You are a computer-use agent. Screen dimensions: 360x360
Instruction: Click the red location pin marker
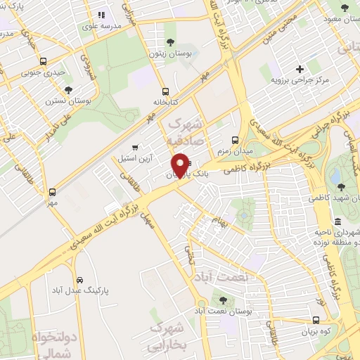coord(181,165)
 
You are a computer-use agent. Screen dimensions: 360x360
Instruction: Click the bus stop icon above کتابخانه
coord(165,91)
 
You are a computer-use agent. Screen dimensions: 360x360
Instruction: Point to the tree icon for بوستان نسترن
coord(68,89)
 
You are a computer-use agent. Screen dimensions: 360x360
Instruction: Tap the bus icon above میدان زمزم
coord(236,139)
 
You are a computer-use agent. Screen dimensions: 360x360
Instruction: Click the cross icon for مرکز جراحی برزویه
coord(300,69)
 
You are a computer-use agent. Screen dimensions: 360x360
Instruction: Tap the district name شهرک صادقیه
coord(186,131)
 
